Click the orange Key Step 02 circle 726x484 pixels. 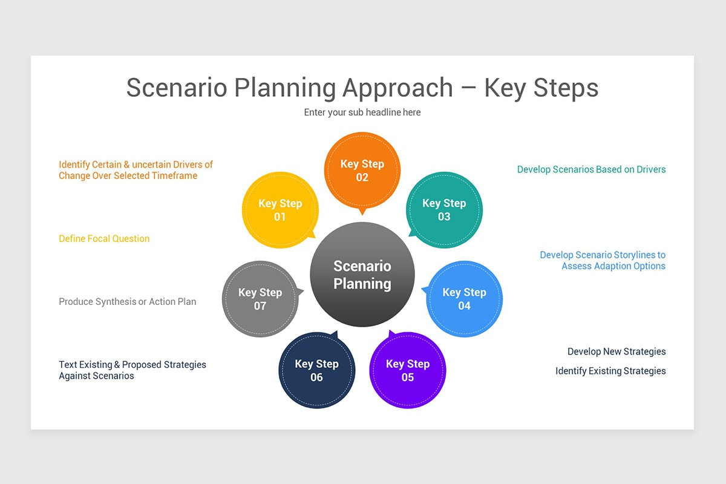362,170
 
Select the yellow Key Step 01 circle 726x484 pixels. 280,210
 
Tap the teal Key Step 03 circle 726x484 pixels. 444,210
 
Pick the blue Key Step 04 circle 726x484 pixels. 464,299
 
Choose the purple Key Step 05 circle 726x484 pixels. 407,370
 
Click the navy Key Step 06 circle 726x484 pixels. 316,370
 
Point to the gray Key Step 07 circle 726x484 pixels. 260,299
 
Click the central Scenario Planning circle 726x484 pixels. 362,275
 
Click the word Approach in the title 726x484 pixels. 397,88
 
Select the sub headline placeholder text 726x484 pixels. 362,113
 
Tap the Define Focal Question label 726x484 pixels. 104,239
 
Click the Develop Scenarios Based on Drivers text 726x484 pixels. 591,170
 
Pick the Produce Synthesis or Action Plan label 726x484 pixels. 127,302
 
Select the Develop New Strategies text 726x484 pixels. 616,352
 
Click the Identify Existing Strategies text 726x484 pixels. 610,371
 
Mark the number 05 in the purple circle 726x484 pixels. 407,378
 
